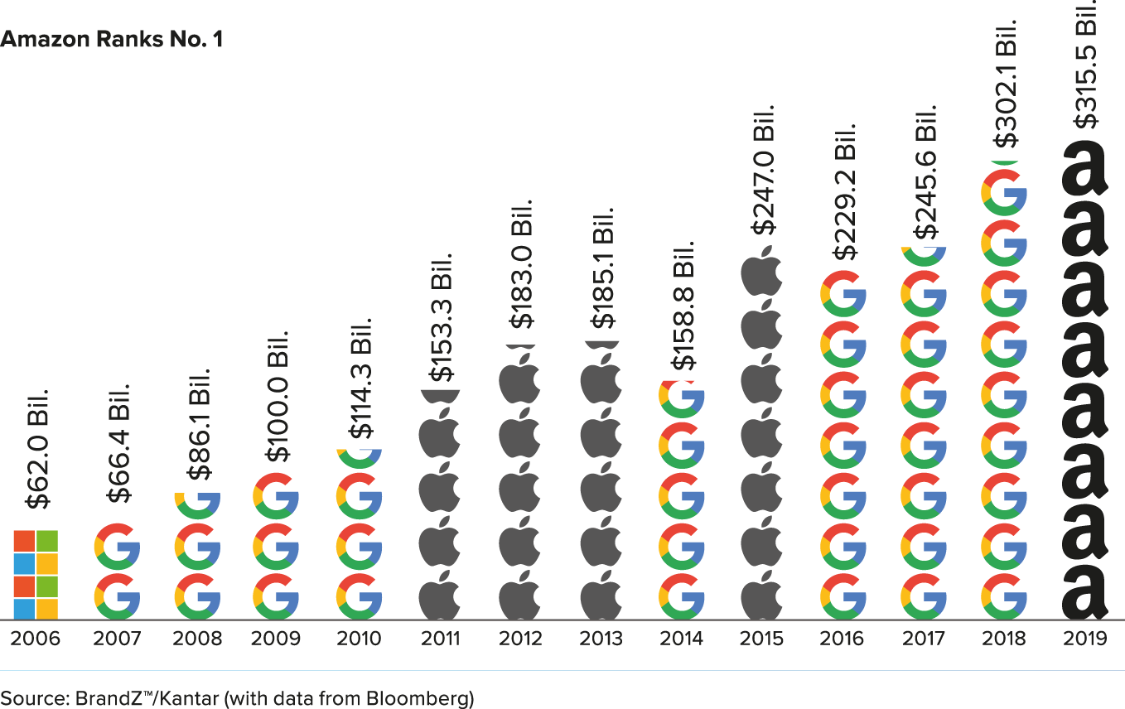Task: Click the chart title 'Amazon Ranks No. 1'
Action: [112, 39]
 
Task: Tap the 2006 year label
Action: [35, 639]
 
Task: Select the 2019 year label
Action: [1084, 639]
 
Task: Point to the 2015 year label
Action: [761, 639]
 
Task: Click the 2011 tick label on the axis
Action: [439, 639]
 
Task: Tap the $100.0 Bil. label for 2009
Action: [279, 397]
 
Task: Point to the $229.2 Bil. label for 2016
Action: [843, 192]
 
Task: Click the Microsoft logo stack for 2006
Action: [36, 574]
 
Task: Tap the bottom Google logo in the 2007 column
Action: [117, 596]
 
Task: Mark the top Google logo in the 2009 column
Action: [276, 496]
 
